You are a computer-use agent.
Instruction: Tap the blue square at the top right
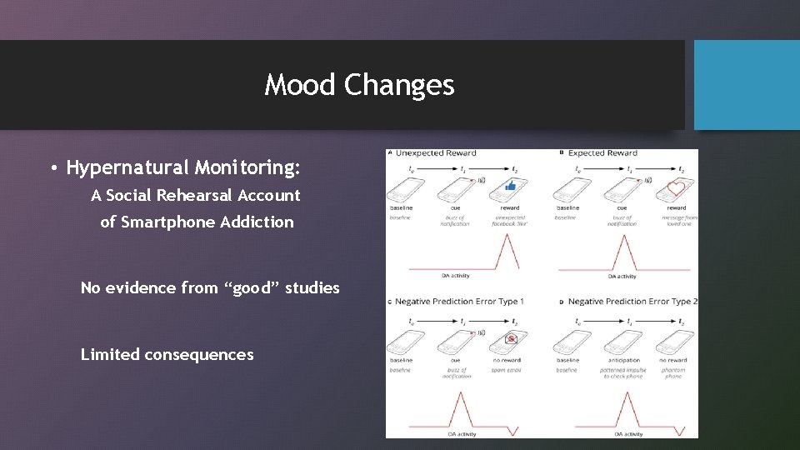(747, 85)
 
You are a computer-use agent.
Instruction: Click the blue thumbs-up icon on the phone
(510, 186)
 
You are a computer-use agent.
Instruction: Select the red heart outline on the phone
(676, 188)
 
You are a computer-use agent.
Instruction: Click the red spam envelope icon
(512, 338)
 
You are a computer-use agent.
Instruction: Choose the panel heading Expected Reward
(602, 153)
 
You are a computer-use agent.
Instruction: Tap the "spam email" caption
(507, 370)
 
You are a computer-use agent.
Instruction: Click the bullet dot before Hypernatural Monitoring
(53, 169)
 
